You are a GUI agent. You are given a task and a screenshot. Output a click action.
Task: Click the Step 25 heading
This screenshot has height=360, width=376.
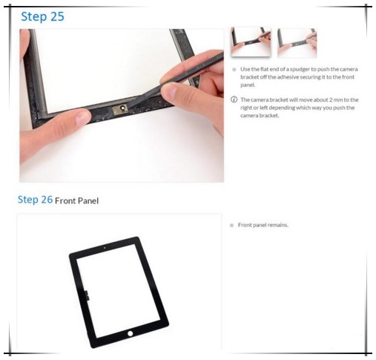42,17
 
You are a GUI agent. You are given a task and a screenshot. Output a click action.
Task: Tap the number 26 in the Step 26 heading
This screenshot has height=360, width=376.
47,200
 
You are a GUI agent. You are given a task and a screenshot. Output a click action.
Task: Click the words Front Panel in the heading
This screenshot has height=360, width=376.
76,200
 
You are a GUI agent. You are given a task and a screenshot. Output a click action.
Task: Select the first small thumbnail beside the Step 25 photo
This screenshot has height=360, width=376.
251,42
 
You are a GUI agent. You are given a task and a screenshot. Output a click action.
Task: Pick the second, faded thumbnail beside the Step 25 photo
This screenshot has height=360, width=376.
297,43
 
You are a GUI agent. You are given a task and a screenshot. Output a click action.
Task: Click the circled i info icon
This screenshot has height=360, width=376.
234,99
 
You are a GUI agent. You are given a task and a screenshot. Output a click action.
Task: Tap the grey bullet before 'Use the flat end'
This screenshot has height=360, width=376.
234,70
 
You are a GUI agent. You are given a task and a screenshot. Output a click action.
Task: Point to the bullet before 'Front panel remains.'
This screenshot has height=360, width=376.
231,225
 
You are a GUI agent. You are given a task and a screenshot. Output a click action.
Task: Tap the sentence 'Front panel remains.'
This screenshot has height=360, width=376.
263,225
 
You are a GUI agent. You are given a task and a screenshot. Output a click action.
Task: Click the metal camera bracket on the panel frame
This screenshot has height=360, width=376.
120,110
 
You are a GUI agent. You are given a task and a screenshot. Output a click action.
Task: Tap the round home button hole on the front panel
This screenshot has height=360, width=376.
130,333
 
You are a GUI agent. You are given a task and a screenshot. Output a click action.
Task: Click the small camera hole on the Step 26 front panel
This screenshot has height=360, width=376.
105,248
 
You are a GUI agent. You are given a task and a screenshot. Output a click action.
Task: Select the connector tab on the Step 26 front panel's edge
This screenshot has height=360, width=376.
87,295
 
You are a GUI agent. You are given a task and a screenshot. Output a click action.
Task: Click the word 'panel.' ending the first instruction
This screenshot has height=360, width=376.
248,85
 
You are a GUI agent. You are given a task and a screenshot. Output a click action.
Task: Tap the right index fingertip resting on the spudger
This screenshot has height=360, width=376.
170,91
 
